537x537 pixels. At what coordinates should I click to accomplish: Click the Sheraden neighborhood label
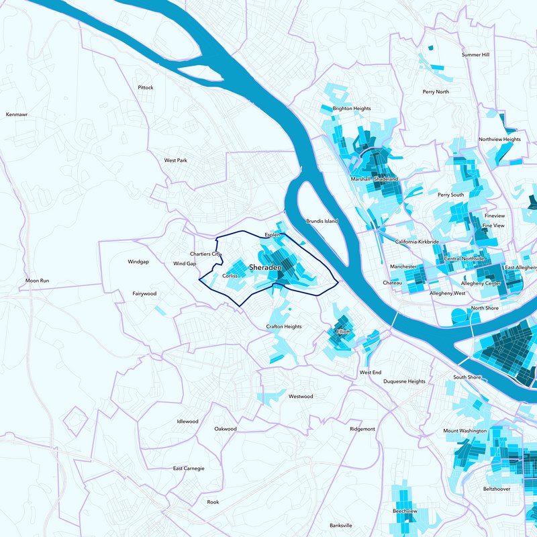pyautogui.click(x=264, y=268)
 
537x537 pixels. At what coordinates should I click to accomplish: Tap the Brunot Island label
pyautogui.click(x=322, y=221)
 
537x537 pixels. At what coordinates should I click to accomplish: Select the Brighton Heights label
pyautogui.click(x=351, y=108)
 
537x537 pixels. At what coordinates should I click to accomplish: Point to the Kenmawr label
pyautogui.click(x=17, y=115)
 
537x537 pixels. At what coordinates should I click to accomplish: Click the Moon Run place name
pyautogui.click(x=37, y=280)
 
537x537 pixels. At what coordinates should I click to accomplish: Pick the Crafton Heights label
pyautogui.click(x=284, y=326)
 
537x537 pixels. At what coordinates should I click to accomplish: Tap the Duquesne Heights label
pyautogui.click(x=404, y=381)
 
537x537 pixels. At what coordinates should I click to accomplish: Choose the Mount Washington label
pyautogui.click(x=465, y=430)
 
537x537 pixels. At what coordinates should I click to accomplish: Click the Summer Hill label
pyautogui.click(x=476, y=54)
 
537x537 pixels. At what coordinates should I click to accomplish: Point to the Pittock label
pyautogui.click(x=146, y=87)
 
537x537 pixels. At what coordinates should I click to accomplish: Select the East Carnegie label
pyautogui.click(x=189, y=468)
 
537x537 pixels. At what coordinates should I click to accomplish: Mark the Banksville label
pyautogui.click(x=341, y=525)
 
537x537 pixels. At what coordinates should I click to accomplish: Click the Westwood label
pyautogui.click(x=301, y=396)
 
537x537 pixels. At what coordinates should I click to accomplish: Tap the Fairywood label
pyautogui.click(x=144, y=293)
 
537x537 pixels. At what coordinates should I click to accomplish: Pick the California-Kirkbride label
pyautogui.click(x=417, y=241)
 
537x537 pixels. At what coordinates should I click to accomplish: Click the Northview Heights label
pyautogui.click(x=499, y=140)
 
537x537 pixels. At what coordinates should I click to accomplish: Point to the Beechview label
pyautogui.click(x=405, y=511)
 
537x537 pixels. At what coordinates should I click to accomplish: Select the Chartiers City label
pyautogui.click(x=205, y=254)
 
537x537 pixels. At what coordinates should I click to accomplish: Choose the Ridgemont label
pyautogui.click(x=362, y=428)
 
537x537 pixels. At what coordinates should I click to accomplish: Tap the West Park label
pyautogui.click(x=176, y=160)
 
